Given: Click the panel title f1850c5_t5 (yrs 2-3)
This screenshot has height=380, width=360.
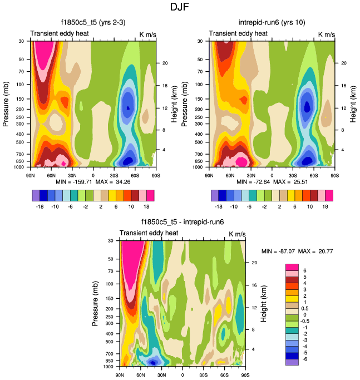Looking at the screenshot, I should point(93,23).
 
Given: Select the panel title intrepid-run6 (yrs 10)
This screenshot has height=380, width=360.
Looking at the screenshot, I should point(272,23).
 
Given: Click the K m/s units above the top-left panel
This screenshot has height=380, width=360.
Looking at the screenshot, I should point(147,34).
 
